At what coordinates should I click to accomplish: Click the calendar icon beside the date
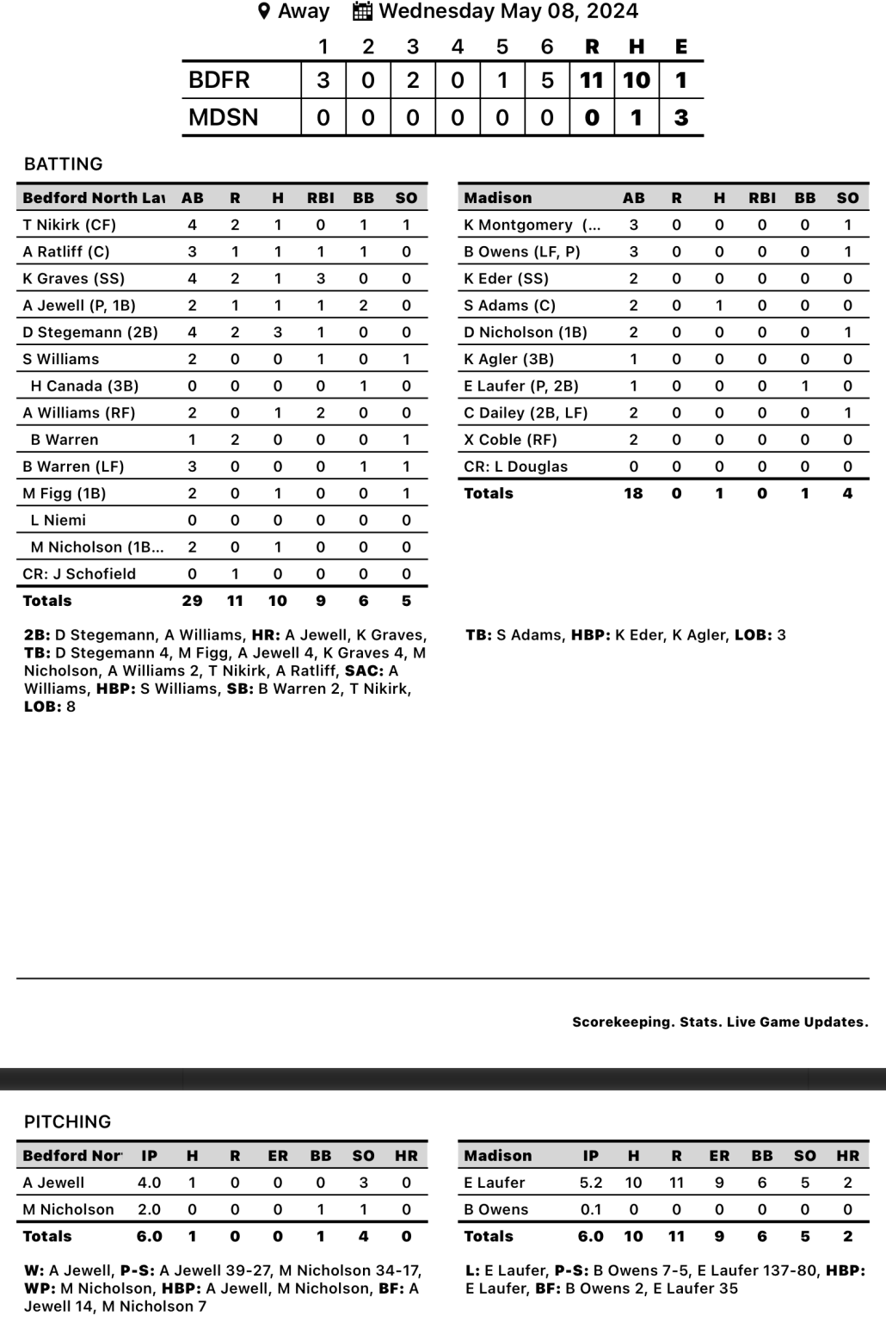click(362, 12)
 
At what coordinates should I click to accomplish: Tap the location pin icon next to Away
click(264, 12)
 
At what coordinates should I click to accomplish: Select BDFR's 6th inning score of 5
click(547, 80)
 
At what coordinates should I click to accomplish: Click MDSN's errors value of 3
click(681, 117)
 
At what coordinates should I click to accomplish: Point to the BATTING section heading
click(63, 164)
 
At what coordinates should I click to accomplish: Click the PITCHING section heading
click(67, 1121)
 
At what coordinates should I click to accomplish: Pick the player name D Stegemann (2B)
click(90, 332)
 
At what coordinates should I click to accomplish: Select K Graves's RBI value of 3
click(321, 278)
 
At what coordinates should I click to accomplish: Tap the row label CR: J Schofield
click(79, 574)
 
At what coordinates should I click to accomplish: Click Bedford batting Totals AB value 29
click(192, 601)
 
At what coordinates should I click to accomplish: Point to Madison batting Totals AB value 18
click(633, 493)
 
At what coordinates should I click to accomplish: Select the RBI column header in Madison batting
click(762, 198)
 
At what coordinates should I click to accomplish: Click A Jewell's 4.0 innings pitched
click(149, 1183)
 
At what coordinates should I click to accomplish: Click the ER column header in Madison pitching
click(719, 1156)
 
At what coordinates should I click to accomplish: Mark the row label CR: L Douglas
click(516, 466)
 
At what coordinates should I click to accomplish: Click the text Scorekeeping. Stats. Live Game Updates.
click(720, 1022)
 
